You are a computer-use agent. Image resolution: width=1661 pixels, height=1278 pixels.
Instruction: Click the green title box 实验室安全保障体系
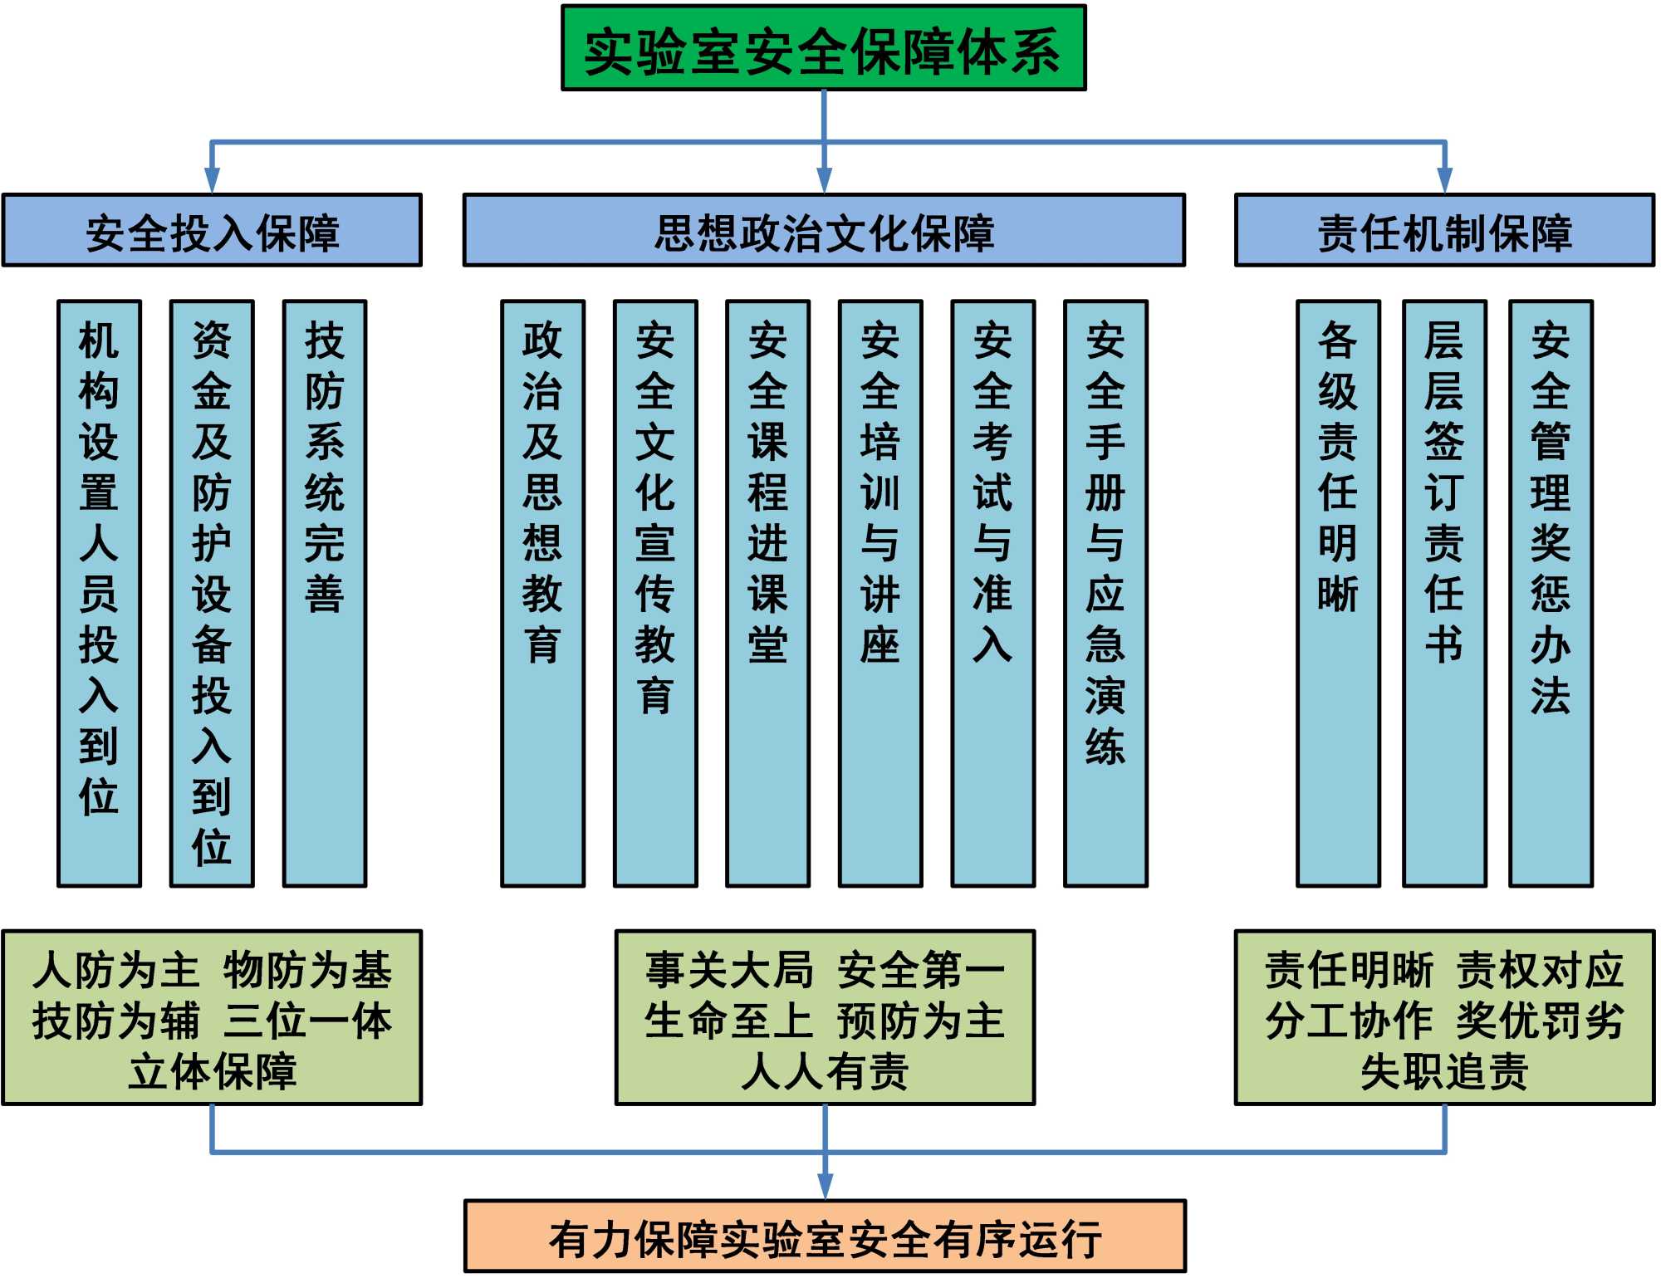pos(823,48)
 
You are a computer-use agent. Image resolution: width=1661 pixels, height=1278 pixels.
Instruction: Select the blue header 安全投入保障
pos(212,231)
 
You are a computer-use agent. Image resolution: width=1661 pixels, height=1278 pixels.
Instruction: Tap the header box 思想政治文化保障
pos(824,231)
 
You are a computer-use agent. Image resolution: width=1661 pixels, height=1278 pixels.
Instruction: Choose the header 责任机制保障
pos(1444,231)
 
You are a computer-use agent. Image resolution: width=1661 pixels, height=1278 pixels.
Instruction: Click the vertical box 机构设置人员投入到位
pos(99,593)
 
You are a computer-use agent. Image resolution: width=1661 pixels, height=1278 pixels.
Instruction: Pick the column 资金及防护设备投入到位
pos(212,593)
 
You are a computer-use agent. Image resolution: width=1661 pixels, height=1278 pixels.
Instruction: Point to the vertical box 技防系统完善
pos(324,593)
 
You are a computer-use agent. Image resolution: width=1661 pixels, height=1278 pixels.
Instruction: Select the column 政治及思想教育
pos(542,593)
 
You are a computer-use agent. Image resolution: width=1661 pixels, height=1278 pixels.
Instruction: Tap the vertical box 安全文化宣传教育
pos(655,593)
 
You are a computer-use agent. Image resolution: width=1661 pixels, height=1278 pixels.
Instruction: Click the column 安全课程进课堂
pos(767,593)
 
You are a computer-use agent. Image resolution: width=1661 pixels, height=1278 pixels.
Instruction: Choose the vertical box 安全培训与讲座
pos(880,593)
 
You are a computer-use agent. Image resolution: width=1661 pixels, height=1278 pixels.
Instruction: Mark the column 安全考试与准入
pos(992,593)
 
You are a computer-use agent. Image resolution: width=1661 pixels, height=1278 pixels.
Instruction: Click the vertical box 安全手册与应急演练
pos(1105,593)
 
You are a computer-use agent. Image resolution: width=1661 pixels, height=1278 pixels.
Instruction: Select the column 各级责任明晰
pos(1338,593)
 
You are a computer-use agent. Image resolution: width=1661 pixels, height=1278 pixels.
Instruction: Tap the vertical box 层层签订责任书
pos(1444,593)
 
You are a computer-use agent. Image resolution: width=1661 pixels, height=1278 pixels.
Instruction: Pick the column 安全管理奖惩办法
pos(1551,593)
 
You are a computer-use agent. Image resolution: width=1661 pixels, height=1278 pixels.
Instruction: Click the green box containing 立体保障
pos(212,1017)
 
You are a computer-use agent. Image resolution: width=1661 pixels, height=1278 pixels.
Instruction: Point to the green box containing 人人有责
pos(825,1017)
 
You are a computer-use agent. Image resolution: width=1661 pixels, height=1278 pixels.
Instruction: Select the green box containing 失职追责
pos(1444,1017)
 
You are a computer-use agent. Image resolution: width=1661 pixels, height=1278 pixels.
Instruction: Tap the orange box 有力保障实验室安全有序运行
pos(825,1236)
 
